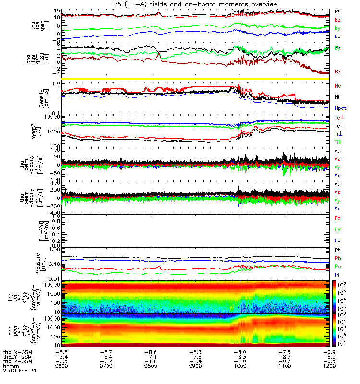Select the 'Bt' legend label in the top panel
pos(337,11)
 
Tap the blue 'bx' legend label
pos(337,37)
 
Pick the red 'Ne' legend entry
pos(338,85)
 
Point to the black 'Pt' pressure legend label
pos(337,251)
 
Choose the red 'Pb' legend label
pos(337,258)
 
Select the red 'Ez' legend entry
pos(337,218)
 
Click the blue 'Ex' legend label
pos(337,240)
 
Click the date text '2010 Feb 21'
pos(20,371)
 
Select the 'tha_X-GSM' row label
pos(17,352)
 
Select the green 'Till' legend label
pos(338,142)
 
